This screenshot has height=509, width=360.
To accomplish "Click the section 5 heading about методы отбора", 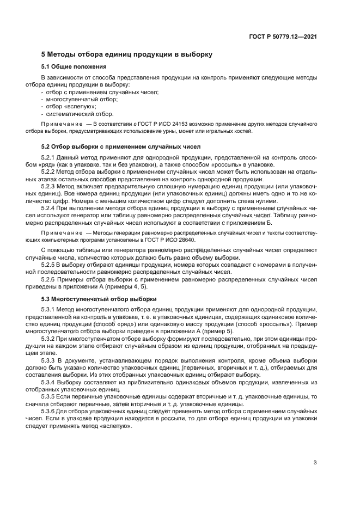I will [x=127, y=54].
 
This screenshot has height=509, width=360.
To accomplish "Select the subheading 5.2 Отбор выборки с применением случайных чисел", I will [x=121, y=146].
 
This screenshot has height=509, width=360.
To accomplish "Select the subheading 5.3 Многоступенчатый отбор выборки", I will [x=99, y=299].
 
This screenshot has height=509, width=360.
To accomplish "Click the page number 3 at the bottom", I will [x=315, y=463].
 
